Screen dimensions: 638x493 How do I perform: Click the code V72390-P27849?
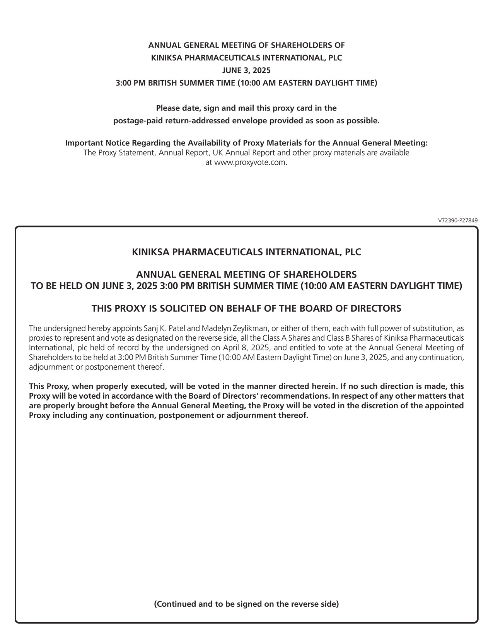(x=458, y=220)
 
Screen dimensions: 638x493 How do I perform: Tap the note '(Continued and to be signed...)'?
(x=246, y=604)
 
